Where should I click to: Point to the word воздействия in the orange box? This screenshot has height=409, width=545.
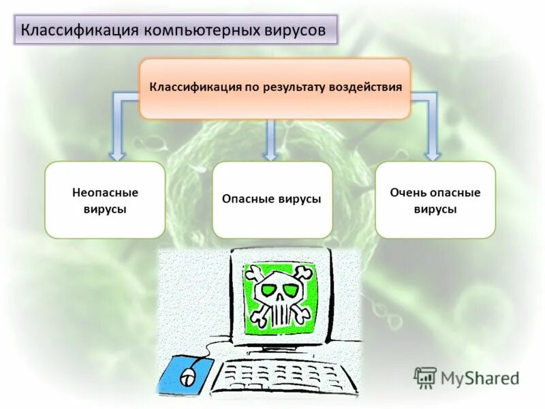tap(367, 88)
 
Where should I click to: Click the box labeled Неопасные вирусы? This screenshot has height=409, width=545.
tap(105, 200)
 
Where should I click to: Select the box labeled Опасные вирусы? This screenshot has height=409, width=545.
tap(272, 200)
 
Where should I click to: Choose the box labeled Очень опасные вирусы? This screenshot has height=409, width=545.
tap(435, 200)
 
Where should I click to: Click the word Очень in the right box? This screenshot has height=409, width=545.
tap(406, 193)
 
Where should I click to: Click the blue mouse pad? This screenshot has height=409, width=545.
tap(184, 375)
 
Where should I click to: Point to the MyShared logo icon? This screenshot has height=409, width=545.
tap(426, 377)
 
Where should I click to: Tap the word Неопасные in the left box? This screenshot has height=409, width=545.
tap(105, 193)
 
